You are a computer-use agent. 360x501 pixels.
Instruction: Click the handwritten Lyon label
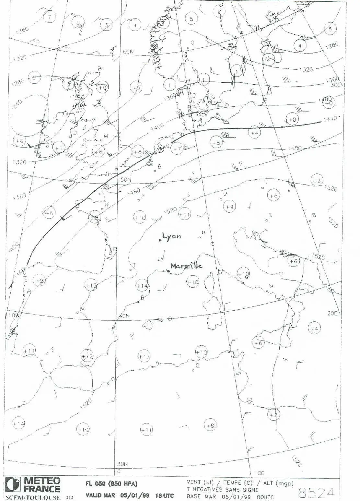[172, 236]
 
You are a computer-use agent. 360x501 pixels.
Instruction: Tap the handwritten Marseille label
[187, 266]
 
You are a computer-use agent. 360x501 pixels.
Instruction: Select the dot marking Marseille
[168, 271]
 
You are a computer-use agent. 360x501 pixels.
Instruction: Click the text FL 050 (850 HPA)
[111, 484]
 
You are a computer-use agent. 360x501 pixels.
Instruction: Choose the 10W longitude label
[14, 315]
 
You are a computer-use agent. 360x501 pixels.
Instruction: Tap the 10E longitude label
[260, 473]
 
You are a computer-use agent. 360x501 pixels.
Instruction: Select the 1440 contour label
[330, 119]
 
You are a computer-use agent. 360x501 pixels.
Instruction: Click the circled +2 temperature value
[317, 180]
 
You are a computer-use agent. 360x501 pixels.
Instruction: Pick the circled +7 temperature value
[177, 149]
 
